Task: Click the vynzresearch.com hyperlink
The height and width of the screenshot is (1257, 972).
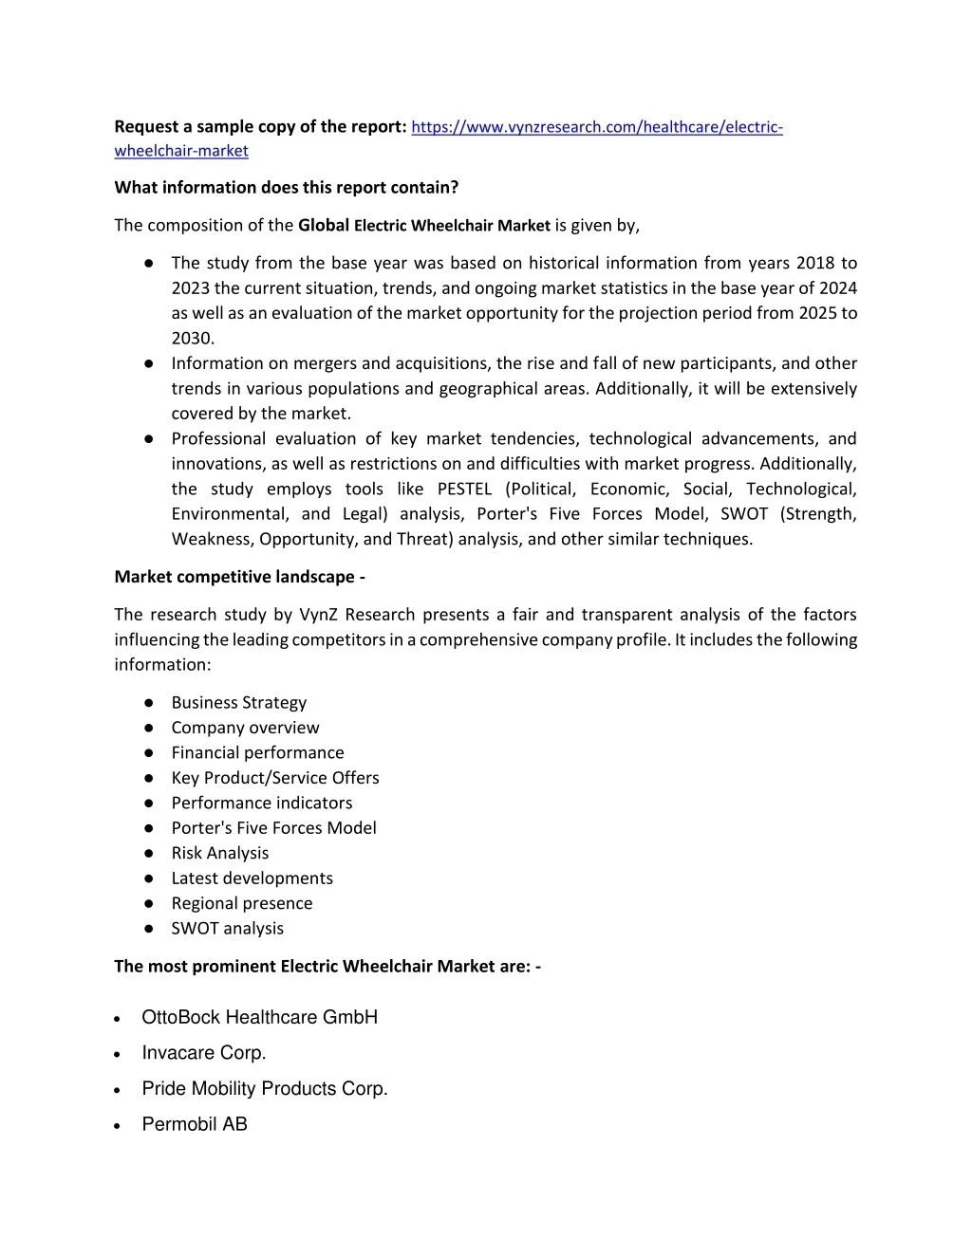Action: (x=596, y=127)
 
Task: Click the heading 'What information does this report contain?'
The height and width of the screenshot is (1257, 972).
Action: (x=286, y=188)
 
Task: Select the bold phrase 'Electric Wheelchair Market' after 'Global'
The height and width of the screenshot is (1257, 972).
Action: (x=452, y=226)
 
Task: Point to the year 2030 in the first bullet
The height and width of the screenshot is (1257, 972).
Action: (x=193, y=338)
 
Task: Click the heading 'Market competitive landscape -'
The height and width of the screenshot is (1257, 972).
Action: (x=240, y=577)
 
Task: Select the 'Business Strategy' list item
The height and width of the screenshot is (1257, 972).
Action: (x=238, y=703)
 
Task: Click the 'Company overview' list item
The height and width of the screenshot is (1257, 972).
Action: (x=245, y=728)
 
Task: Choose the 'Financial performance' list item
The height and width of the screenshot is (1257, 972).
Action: (x=257, y=752)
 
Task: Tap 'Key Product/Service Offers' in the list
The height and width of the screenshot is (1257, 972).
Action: (x=274, y=778)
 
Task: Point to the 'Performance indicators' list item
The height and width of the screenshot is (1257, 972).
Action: (x=261, y=803)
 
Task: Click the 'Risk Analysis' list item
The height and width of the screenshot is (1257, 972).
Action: (x=219, y=853)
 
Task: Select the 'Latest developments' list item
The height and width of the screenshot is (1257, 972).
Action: (x=252, y=878)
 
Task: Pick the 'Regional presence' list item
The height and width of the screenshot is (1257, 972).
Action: (x=241, y=903)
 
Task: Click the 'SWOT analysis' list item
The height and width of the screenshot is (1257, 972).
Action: (x=227, y=929)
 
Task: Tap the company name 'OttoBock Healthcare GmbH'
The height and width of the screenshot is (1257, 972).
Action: (x=259, y=1018)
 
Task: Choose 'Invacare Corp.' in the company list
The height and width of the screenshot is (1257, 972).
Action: (x=203, y=1053)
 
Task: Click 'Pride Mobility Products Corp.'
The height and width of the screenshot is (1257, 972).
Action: (x=265, y=1089)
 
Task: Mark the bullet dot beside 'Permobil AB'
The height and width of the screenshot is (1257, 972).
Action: (x=116, y=1126)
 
